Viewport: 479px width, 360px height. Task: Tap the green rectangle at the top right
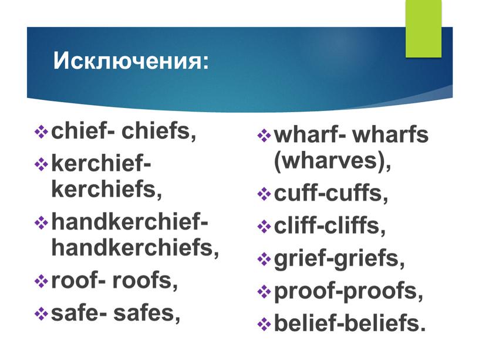click(x=423, y=28)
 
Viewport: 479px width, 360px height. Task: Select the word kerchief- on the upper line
click(x=101, y=163)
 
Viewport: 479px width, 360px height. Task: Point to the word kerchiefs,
click(x=107, y=189)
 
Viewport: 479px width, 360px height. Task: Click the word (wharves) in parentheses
click(x=332, y=161)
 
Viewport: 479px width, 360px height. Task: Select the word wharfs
click(x=390, y=134)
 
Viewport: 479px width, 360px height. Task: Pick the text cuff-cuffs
click(x=331, y=193)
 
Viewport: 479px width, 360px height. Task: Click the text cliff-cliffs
click(x=330, y=226)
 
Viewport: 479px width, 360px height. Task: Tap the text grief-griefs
click(x=339, y=260)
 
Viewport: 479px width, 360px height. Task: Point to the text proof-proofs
click(x=349, y=292)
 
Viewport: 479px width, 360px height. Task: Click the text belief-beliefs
click(x=350, y=323)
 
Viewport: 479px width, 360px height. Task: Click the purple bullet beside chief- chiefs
click(x=41, y=133)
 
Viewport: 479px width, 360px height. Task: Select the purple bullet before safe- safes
click(x=41, y=314)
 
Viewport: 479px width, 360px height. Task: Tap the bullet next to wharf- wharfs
click(x=264, y=136)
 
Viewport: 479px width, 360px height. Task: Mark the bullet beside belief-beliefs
click(x=264, y=324)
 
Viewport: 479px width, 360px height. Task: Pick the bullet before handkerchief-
click(x=41, y=223)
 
